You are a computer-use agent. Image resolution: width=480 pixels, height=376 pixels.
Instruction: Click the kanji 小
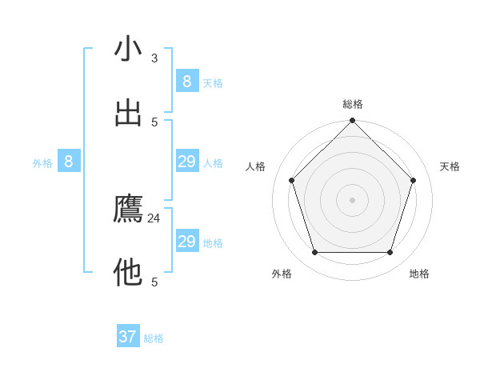(x=128, y=49)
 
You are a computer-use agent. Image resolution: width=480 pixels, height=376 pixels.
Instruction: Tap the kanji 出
(x=128, y=113)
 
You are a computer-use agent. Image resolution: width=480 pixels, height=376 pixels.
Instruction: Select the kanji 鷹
(x=128, y=209)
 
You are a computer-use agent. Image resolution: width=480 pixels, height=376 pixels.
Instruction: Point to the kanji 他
(x=128, y=273)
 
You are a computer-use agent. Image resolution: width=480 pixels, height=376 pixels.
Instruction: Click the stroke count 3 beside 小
(x=154, y=58)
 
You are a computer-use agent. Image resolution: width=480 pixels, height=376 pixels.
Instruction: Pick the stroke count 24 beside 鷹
(x=154, y=218)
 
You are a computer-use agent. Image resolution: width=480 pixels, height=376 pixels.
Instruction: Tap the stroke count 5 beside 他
(x=154, y=282)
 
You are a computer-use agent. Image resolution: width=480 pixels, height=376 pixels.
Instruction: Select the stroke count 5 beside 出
(x=154, y=122)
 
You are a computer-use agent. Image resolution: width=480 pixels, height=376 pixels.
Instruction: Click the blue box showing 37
(x=128, y=337)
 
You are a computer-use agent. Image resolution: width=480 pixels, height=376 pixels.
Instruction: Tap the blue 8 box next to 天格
(x=186, y=82)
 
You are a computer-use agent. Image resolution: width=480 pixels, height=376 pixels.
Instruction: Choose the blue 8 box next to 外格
(x=69, y=162)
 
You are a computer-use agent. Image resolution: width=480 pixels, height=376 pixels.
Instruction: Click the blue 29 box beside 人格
(x=186, y=162)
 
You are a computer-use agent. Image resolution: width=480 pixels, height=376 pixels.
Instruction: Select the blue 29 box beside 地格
(x=186, y=242)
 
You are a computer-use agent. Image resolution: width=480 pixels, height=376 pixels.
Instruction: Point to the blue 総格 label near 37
(x=154, y=338)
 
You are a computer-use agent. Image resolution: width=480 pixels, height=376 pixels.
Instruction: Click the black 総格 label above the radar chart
(x=353, y=104)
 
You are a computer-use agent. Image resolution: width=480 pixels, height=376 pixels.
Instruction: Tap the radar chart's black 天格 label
(x=450, y=166)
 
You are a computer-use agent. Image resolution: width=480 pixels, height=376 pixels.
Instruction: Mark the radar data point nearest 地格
(x=390, y=252)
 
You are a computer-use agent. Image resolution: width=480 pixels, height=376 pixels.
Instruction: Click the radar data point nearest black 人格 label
(x=291, y=180)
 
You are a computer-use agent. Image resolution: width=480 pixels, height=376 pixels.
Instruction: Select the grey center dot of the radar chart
(x=352, y=199)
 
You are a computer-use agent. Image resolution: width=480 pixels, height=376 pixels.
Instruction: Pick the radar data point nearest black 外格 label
(x=314, y=252)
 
